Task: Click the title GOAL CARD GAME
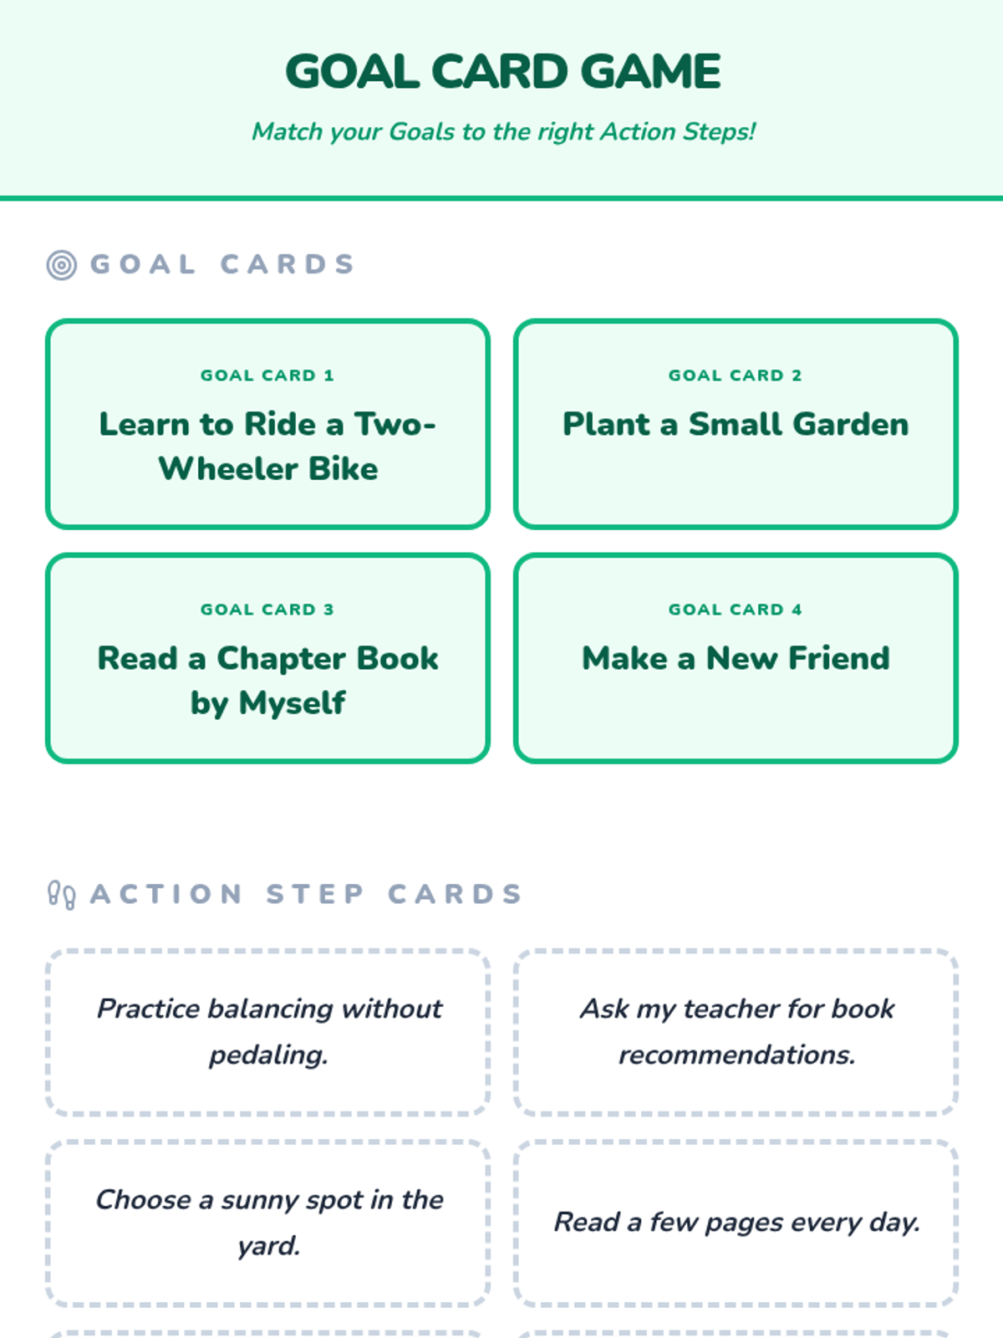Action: pyautogui.click(x=502, y=72)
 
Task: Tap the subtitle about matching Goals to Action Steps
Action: pyautogui.click(x=503, y=132)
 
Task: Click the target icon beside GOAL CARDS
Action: pyautogui.click(x=61, y=265)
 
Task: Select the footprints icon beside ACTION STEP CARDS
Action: pyautogui.click(x=61, y=895)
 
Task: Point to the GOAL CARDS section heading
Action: pyautogui.click(x=222, y=264)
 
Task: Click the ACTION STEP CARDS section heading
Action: pyautogui.click(x=306, y=894)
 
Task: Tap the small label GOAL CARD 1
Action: pyautogui.click(x=267, y=375)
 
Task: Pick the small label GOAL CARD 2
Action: pyautogui.click(x=736, y=375)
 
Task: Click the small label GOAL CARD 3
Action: pyautogui.click(x=267, y=610)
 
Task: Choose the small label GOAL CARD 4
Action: pyautogui.click(x=736, y=610)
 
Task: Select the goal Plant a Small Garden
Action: pyautogui.click(x=736, y=425)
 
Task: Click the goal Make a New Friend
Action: pyautogui.click(x=736, y=659)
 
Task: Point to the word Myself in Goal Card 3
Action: pyautogui.click(x=292, y=703)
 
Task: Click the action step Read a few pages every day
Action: pyautogui.click(x=736, y=1223)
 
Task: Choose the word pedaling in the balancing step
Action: pyautogui.click(x=267, y=1055)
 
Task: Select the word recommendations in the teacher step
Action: pyautogui.click(x=736, y=1055)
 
